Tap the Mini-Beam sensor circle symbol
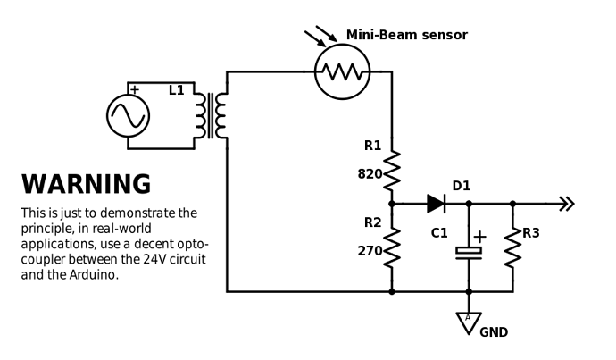click(x=342, y=71)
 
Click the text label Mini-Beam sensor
click(x=406, y=35)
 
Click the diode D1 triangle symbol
click(x=436, y=204)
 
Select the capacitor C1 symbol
click(x=468, y=253)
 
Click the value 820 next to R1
click(x=370, y=174)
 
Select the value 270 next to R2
click(x=370, y=251)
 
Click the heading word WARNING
click(x=86, y=184)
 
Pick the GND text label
click(x=495, y=333)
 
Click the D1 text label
click(x=461, y=186)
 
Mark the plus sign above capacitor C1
click(x=479, y=237)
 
